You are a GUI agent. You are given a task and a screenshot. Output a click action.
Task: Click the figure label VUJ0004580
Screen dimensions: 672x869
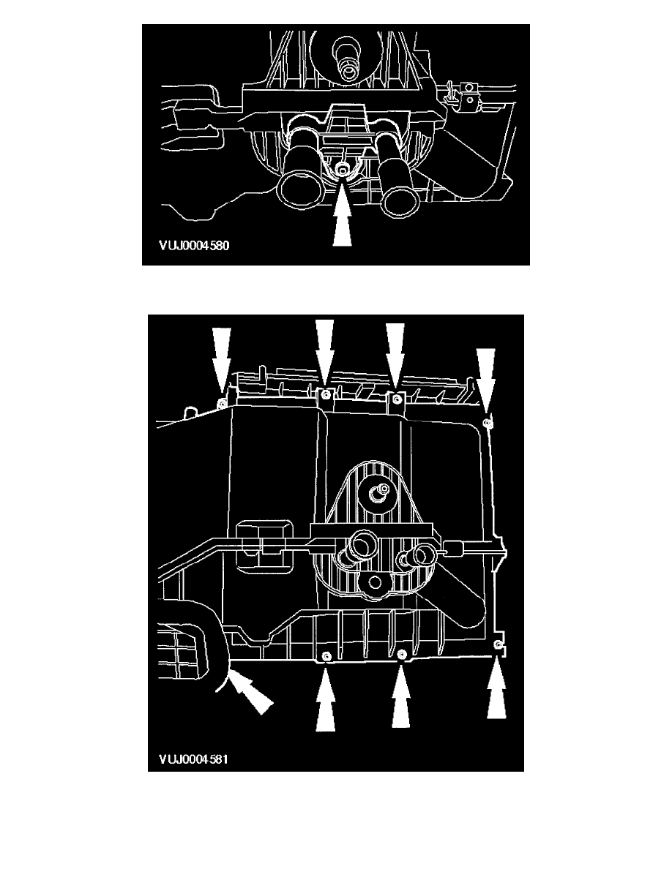(x=194, y=246)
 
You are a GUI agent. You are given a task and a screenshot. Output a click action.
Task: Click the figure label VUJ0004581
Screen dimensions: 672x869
(x=193, y=759)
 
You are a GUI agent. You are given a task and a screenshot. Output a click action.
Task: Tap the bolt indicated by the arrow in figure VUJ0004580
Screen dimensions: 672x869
(x=343, y=171)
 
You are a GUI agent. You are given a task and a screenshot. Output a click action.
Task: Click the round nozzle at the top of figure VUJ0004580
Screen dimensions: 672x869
(x=348, y=69)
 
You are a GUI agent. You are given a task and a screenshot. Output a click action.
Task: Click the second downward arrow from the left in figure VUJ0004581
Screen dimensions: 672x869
(x=325, y=352)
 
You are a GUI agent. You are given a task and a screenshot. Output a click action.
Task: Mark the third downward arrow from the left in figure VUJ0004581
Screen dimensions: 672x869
(x=395, y=355)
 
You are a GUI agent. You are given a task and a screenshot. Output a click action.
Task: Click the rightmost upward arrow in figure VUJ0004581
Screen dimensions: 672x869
(x=497, y=687)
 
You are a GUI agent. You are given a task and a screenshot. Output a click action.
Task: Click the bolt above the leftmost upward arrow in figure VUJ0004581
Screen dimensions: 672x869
(x=326, y=656)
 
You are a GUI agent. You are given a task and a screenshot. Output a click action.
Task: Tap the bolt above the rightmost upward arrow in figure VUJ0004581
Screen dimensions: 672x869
(x=499, y=644)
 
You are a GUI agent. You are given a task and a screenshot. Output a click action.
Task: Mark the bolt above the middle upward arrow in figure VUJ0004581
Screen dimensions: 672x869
(x=403, y=655)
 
